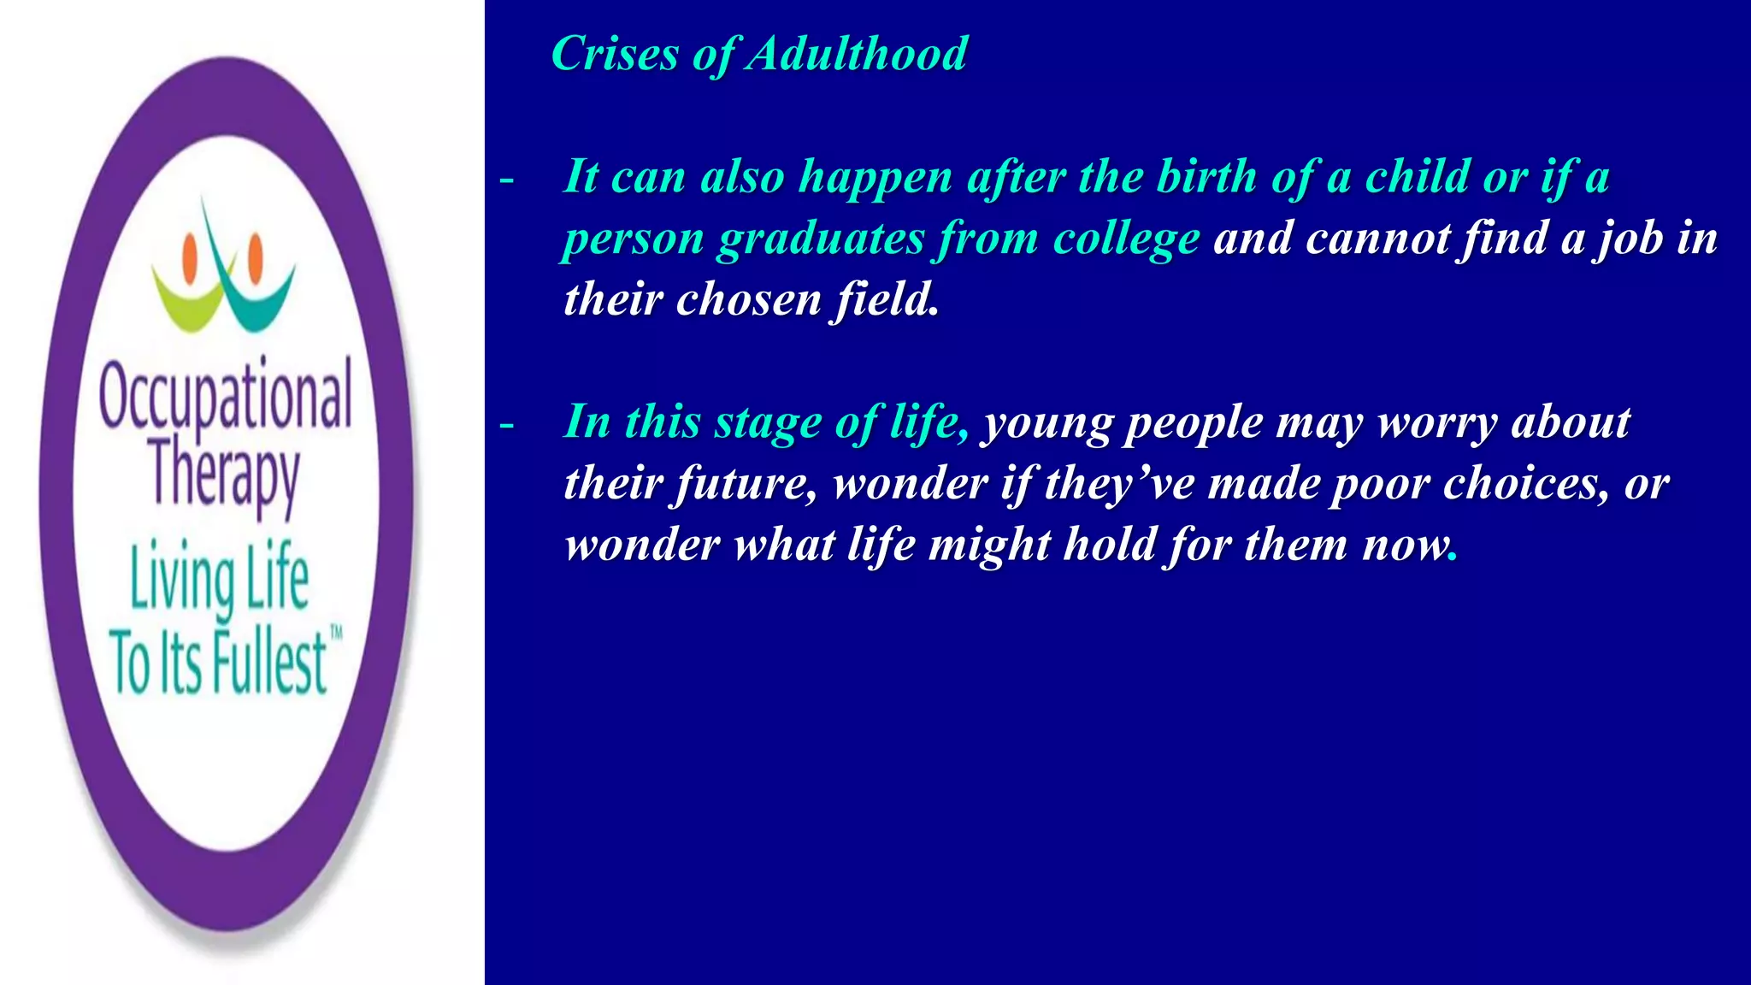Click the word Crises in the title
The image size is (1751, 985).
(615, 54)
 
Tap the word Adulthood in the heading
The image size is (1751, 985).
(857, 54)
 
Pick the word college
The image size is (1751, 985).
(1126, 239)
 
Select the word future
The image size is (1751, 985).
(741, 485)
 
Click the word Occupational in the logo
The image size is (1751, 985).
(225, 396)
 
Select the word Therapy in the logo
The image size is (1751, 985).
(225, 475)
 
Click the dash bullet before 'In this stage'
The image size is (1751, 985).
(507, 425)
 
